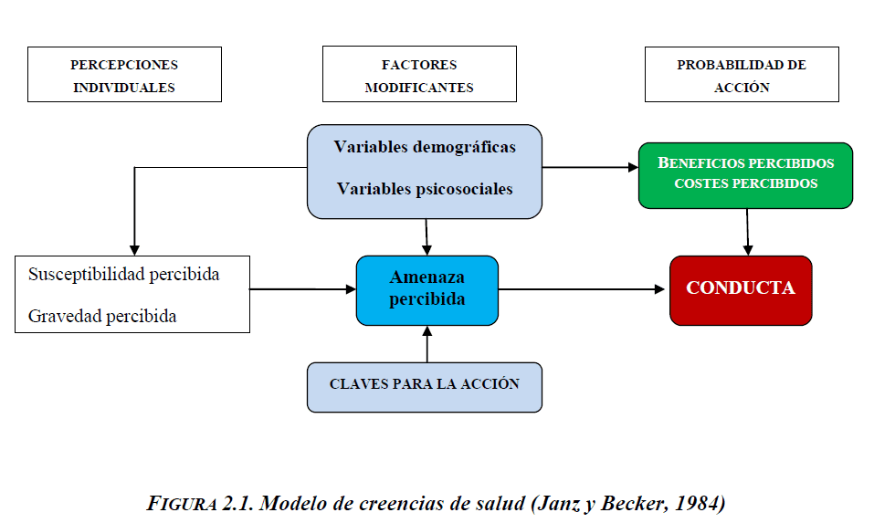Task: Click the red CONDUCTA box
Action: coord(741,289)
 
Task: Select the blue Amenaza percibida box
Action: coord(426,289)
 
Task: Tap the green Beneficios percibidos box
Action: coord(745,173)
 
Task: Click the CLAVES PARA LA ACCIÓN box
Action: coord(425,385)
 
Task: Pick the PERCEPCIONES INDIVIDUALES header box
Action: coord(124,76)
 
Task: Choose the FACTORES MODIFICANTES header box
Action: coord(419,76)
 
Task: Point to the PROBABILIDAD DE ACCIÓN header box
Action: coord(742,76)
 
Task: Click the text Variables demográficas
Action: coord(425,147)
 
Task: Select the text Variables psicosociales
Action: coord(425,190)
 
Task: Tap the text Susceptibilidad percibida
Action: coord(124,275)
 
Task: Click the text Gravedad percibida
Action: coord(102,317)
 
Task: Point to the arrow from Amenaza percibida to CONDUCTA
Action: coord(583,289)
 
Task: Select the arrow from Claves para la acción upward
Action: coord(426,344)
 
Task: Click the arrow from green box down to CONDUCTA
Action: coord(748,231)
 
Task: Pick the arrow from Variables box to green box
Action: coord(590,168)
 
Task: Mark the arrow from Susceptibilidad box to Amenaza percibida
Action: coord(302,289)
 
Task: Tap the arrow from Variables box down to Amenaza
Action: coord(426,237)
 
